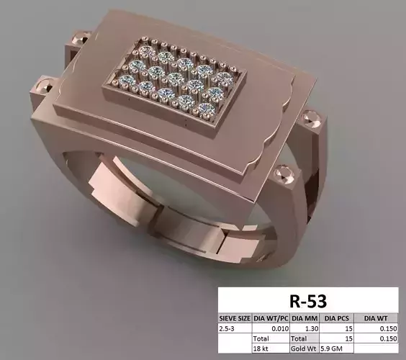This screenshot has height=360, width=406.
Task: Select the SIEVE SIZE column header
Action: [x=235, y=317]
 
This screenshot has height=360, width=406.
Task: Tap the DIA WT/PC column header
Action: [x=270, y=317]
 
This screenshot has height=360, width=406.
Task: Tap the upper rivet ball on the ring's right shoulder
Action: [x=311, y=115]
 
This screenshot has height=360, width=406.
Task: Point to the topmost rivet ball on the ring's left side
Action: [x=79, y=36]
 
